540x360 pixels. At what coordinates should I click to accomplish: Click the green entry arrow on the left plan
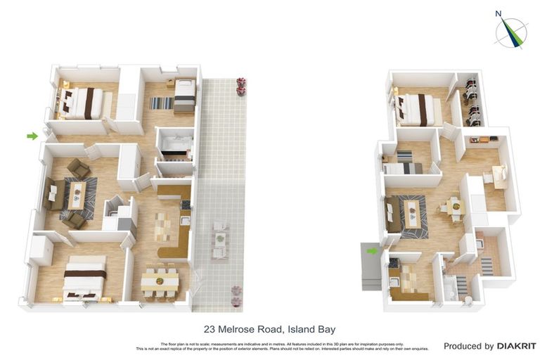pos(32,136)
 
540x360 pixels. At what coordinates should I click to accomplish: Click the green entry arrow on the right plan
pos(371,250)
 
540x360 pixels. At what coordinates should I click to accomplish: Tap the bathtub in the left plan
pos(175,148)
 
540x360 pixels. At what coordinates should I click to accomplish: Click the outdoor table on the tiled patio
pos(220,239)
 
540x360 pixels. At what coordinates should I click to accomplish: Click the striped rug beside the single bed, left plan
pos(160,103)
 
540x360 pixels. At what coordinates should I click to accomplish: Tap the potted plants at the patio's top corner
pos(241,86)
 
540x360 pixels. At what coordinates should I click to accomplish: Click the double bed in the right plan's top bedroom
pos(418,110)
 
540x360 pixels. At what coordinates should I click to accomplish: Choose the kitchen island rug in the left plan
pos(162,226)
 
